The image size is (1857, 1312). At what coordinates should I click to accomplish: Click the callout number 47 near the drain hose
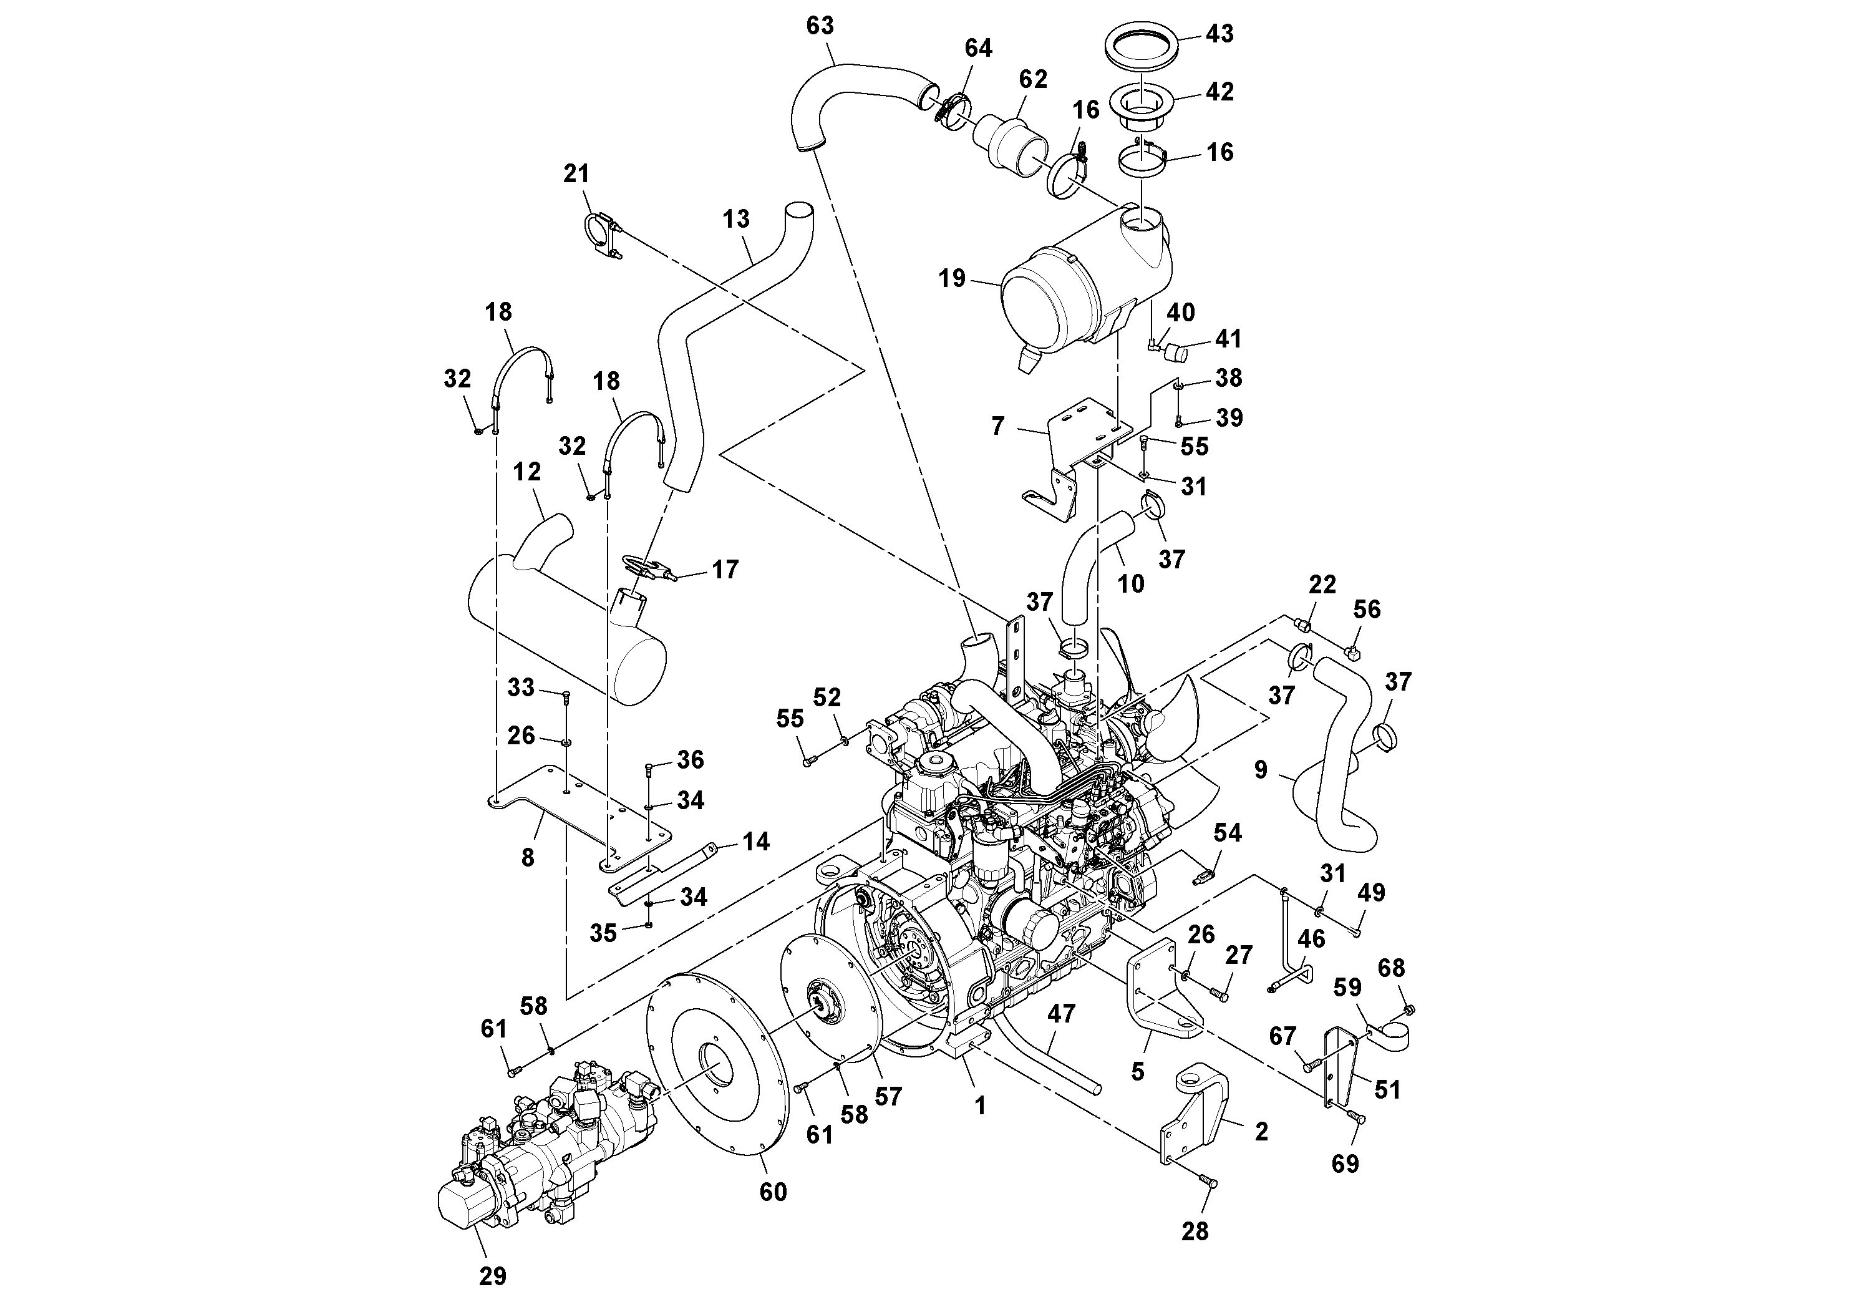click(x=1061, y=1014)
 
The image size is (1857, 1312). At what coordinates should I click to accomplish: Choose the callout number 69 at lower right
click(x=1345, y=1163)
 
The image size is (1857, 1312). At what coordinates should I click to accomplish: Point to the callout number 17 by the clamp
click(x=725, y=570)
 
